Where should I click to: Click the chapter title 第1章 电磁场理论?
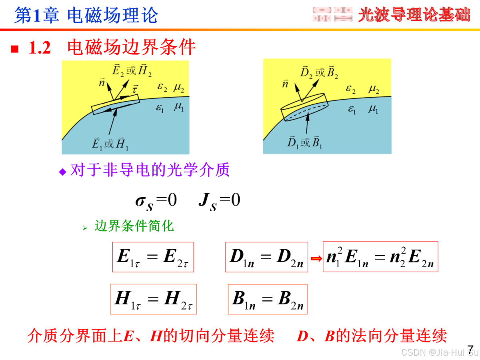(x=86, y=15)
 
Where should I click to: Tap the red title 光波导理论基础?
(x=414, y=15)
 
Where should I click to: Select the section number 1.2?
(x=40, y=48)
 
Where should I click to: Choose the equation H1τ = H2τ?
(x=153, y=299)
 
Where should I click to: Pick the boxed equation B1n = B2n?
(x=267, y=299)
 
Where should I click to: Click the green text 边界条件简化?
(x=134, y=226)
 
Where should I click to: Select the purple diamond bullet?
(x=62, y=172)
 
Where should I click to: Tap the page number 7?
(x=470, y=347)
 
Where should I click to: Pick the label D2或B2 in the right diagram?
(x=319, y=72)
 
